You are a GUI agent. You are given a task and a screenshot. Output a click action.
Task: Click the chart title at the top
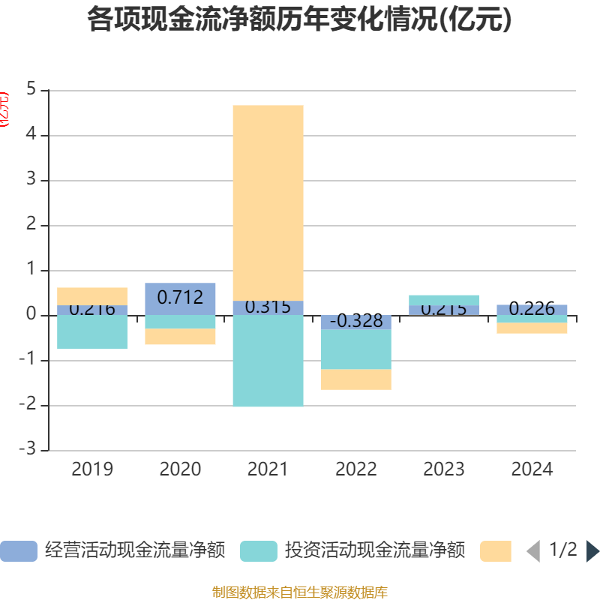tap(299, 20)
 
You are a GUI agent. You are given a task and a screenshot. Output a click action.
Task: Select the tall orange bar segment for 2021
tap(268, 202)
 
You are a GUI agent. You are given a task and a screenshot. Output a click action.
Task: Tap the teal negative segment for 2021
tap(268, 361)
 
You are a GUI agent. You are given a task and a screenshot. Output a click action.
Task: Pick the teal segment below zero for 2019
tap(92, 332)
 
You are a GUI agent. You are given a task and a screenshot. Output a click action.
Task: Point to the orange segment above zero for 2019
tap(92, 296)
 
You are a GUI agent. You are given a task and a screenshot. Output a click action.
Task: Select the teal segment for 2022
tap(356, 349)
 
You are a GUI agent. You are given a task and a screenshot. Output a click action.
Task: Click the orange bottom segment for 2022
tap(356, 379)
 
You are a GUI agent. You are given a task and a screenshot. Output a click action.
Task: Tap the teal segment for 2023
tap(444, 300)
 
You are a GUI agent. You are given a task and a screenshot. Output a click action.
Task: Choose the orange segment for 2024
tap(532, 328)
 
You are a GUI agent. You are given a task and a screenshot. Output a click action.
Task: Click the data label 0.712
tap(180, 298)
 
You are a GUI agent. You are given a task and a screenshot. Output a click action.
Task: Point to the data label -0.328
tap(356, 321)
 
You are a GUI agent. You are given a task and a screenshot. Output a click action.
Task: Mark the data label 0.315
tap(268, 307)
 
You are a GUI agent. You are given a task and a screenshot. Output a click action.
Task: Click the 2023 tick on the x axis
tap(444, 469)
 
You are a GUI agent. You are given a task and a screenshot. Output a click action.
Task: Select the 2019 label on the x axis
tap(92, 469)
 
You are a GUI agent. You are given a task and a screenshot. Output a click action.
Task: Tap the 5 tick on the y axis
tap(31, 90)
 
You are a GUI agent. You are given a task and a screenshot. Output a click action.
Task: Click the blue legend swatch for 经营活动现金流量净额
tap(19, 551)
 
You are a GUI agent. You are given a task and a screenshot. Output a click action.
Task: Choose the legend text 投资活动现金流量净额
tap(375, 551)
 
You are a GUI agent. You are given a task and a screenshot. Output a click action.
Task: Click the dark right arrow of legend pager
tap(592, 551)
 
